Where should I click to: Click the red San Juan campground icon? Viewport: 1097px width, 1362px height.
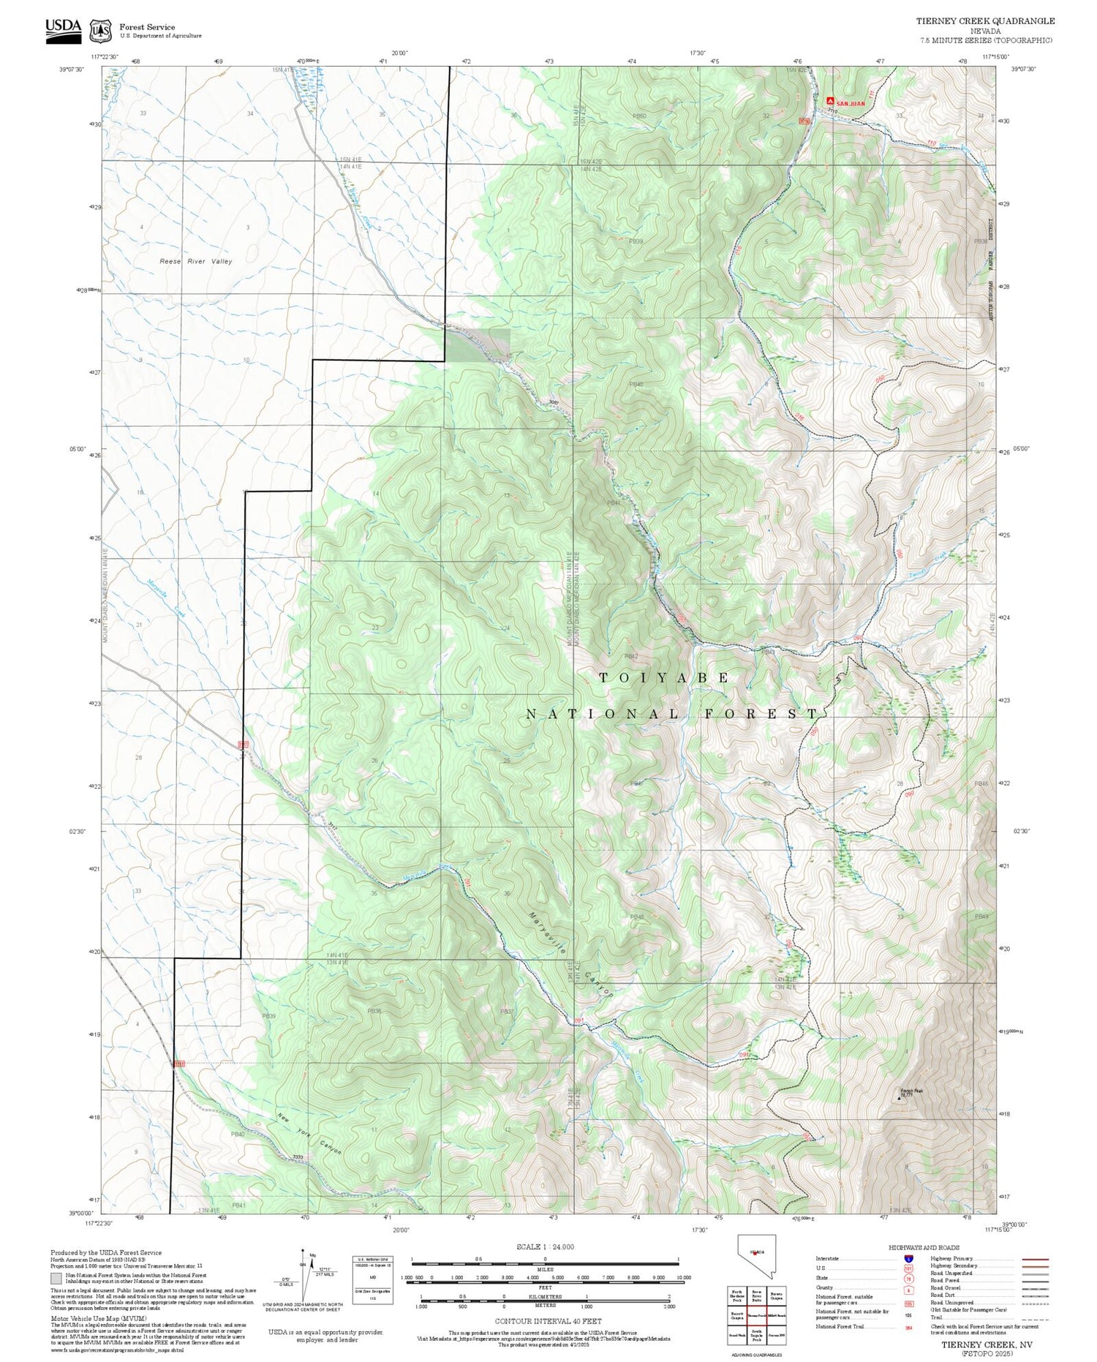point(830,100)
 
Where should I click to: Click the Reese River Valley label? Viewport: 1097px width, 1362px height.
point(196,261)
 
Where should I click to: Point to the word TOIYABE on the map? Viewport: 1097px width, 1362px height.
point(664,678)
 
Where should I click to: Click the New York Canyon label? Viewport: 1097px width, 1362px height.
point(309,1134)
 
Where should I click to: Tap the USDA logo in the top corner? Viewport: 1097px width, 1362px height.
point(64,30)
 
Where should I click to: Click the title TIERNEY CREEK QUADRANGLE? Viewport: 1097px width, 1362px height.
point(985,21)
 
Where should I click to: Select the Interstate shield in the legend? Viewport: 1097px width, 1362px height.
point(909,1258)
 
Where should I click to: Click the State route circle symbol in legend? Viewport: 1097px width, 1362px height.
point(908,1279)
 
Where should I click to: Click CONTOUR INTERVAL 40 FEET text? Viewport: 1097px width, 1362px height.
point(548,1321)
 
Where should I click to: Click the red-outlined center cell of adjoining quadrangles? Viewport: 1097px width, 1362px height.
point(757,1315)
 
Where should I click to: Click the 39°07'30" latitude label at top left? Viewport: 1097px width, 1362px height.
point(72,69)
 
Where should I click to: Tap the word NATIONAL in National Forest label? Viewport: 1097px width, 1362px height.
point(603,714)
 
